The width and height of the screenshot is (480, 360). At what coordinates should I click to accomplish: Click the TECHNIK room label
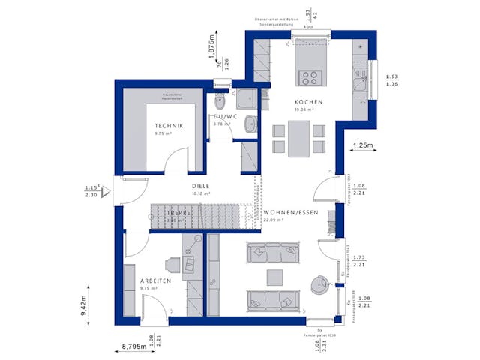(169, 126)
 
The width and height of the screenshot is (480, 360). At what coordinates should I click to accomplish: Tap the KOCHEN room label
(308, 102)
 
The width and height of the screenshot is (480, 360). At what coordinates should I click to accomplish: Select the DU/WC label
(225, 117)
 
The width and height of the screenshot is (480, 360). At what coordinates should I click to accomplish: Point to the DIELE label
(200, 186)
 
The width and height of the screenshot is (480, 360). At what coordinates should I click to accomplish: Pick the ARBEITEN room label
(155, 280)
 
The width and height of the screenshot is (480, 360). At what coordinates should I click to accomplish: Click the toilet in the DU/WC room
(220, 101)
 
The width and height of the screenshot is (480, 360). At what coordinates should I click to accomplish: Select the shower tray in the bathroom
(246, 97)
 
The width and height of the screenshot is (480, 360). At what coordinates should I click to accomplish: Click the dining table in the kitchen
(298, 137)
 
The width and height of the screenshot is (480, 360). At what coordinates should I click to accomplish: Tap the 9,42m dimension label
(85, 307)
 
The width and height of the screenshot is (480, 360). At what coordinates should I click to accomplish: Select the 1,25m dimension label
(363, 145)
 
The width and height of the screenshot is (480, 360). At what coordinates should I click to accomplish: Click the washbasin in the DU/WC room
(250, 124)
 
